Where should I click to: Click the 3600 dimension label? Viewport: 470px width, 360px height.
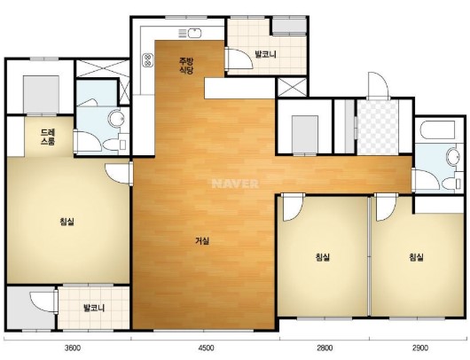[73, 348]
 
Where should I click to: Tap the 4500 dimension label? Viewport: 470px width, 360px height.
[207, 348]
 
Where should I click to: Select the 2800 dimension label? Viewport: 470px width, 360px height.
[325, 348]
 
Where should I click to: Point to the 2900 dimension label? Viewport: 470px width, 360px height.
[420, 348]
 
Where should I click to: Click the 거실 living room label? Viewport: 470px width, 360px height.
[202, 240]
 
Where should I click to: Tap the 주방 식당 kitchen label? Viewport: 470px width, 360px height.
[186, 66]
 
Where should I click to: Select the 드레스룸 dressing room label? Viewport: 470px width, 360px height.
[48, 137]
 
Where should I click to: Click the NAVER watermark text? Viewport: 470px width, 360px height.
[235, 184]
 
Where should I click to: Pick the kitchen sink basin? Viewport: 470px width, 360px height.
[194, 33]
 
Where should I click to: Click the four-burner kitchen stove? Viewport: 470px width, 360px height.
[147, 59]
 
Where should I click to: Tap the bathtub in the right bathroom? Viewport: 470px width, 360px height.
[437, 129]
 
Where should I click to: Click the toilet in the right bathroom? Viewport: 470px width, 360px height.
[451, 184]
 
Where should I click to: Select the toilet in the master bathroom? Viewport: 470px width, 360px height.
[115, 145]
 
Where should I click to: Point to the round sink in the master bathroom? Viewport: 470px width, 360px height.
[116, 119]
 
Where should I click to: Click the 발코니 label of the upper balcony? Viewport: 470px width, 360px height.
[265, 55]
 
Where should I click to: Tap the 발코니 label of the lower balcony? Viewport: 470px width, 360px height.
[94, 308]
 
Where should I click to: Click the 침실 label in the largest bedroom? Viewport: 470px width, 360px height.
[67, 222]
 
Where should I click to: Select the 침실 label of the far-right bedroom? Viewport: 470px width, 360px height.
[416, 257]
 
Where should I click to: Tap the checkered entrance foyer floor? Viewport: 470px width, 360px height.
[378, 127]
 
